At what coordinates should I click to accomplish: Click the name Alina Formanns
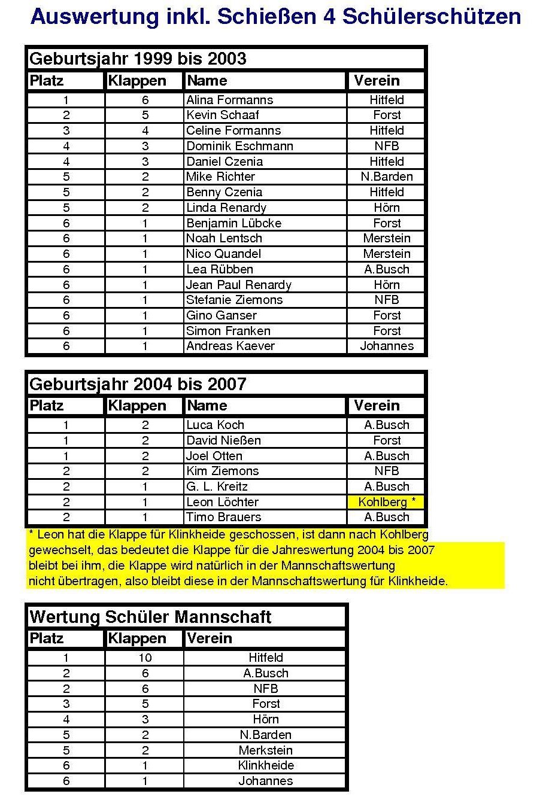coord(229,100)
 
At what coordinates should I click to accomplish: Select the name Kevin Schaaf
coord(222,115)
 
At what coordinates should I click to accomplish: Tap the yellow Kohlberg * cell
coord(386,502)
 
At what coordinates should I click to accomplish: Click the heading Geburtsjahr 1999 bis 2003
coord(138,59)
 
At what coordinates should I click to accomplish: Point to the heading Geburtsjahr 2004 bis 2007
coord(138,384)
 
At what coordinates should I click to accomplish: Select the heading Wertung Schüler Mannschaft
coord(150,617)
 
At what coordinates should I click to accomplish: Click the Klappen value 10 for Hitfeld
coord(145,658)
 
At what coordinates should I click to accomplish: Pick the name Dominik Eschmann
coord(239,146)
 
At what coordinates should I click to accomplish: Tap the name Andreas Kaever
coord(230,346)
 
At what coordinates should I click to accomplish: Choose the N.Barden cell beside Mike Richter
coord(387,177)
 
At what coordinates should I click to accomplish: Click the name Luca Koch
coord(215,425)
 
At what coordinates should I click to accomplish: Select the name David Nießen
coord(223,440)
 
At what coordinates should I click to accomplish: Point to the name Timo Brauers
coord(223,517)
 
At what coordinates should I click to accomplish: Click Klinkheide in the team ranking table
coord(266,765)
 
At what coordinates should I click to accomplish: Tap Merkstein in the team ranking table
coord(266,750)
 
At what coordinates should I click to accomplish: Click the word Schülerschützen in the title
coord(431,17)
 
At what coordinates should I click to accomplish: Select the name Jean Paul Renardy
coord(238,285)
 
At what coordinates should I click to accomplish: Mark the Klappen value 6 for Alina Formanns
coord(145,100)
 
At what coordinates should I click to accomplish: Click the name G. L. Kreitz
coord(217,486)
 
